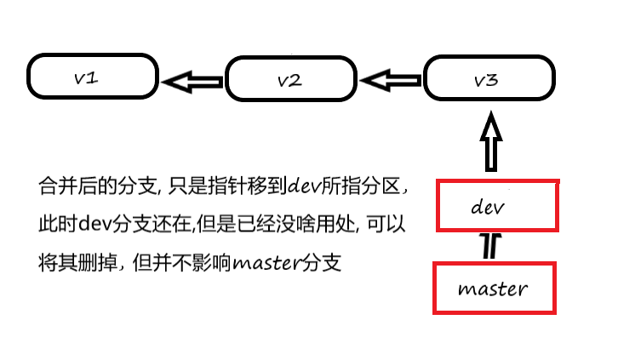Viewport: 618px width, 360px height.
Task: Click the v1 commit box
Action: [x=92, y=77]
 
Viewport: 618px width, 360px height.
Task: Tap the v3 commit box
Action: [x=487, y=81]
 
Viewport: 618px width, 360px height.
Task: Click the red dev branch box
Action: [x=497, y=205]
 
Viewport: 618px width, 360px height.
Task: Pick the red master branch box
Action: [x=494, y=288]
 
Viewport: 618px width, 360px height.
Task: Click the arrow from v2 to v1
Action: [x=192, y=82]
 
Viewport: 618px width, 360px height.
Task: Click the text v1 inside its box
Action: [x=85, y=77]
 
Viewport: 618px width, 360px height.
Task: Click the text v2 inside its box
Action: [x=290, y=81]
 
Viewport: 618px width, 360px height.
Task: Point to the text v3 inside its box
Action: [x=486, y=81]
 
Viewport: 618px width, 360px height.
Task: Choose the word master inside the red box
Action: [x=493, y=289]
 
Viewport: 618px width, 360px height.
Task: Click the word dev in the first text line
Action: [x=305, y=185]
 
